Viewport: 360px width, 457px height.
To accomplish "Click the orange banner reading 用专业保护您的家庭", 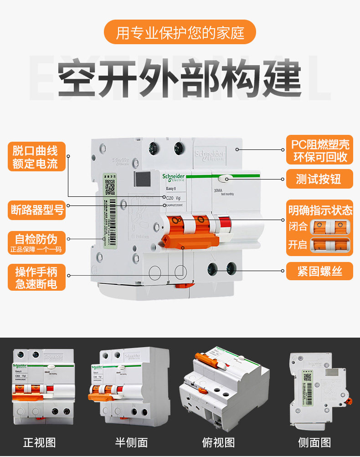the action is [180, 32].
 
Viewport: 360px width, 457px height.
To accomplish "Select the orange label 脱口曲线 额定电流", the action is [36, 156].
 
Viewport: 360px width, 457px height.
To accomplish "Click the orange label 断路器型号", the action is [37, 210].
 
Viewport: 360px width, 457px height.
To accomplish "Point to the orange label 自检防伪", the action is [36, 242].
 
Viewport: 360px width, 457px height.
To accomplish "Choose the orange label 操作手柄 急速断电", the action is [36, 277].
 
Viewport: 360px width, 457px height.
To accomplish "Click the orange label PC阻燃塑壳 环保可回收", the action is [320, 150].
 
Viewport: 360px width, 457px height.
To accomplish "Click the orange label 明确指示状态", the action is [320, 210].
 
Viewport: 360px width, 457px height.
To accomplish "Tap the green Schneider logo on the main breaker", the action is [173, 178].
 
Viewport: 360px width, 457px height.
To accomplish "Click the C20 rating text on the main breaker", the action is [169, 198].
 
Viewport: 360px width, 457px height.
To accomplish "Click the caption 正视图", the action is [40, 442].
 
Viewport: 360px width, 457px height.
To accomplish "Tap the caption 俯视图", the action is [218, 442].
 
